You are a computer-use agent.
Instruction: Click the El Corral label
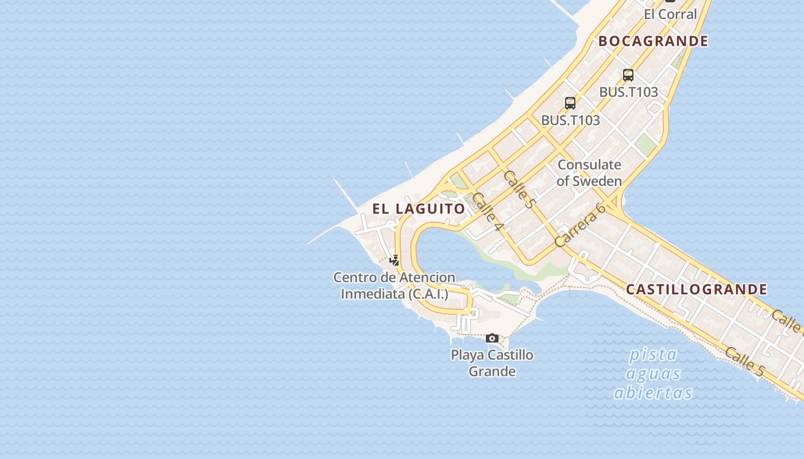tap(670, 14)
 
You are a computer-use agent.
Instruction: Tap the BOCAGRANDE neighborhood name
tap(653, 41)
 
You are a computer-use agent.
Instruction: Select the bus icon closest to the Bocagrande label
tap(628, 75)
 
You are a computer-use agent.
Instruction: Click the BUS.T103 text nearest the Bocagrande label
tap(628, 92)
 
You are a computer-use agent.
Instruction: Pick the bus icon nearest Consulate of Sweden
tap(570, 103)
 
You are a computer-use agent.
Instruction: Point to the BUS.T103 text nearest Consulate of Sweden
tap(570, 120)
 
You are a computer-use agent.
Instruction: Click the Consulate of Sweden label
tap(589, 173)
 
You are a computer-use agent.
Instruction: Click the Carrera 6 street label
tap(580, 225)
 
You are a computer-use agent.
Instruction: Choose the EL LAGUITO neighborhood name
tap(419, 209)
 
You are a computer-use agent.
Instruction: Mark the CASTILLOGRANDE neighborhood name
tap(696, 289)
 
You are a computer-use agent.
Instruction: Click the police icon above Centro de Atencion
tap(395, 260)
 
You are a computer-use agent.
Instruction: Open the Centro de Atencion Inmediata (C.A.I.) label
tap(394, 286)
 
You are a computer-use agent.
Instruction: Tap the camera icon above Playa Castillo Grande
tap(492, 339)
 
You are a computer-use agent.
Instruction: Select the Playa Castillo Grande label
tap(492, 363)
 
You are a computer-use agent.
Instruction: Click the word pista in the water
tap(653, 355)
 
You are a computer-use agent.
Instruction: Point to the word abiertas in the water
tap(653, 393)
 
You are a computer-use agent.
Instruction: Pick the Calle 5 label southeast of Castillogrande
tap(744, 361)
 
